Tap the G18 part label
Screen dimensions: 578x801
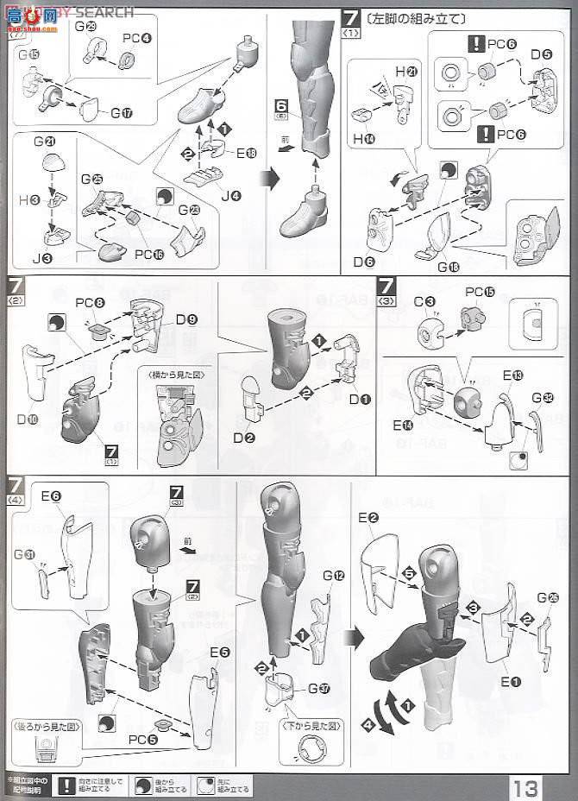(449, 268)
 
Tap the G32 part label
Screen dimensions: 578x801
(543, 398)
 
